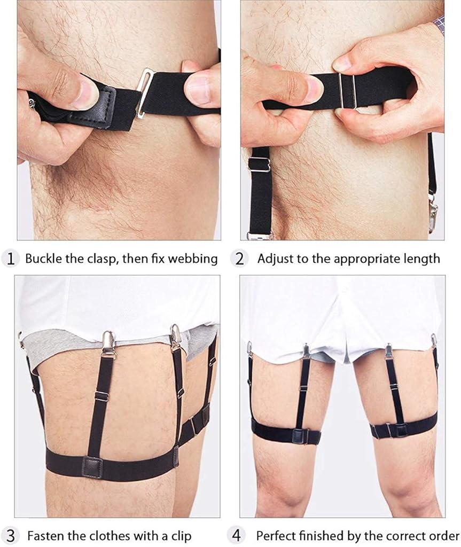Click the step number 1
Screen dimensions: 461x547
coord(11,259)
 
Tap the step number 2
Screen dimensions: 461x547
coord(239,259)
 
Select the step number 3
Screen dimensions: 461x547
coord(11,535)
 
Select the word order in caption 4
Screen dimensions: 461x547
coord(444,535)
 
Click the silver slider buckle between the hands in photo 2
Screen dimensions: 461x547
coord(348,91)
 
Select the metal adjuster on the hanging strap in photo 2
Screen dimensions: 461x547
coord(259,165)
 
